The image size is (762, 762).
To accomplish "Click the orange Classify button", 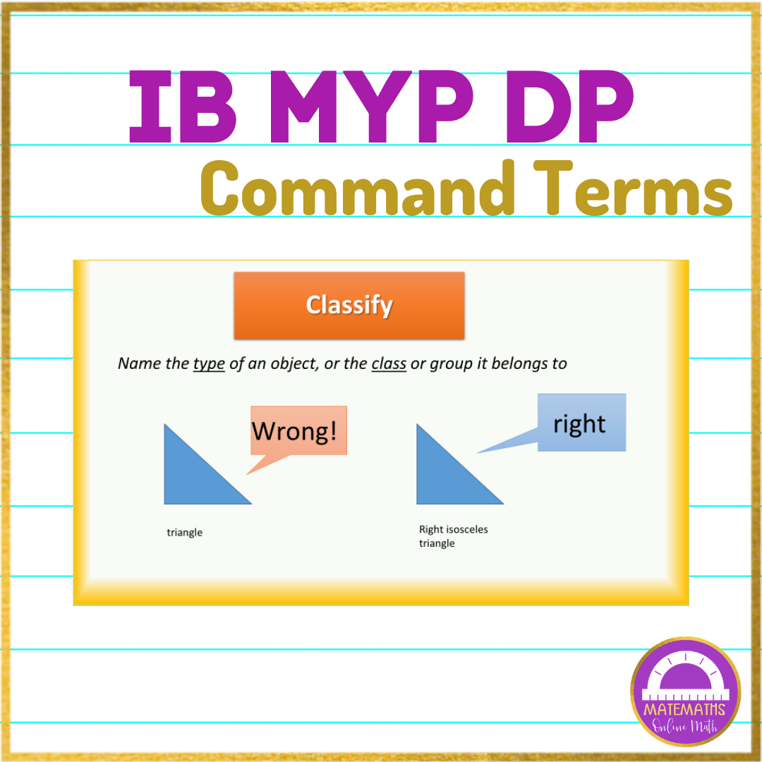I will tap(349, 306).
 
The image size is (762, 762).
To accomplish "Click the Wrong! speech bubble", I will tap(298, 430).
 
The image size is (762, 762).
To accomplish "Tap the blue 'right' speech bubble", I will tap(581, 423).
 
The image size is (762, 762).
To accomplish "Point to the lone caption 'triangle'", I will tap(185, 533).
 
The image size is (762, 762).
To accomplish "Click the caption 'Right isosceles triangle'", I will tap(453, 536).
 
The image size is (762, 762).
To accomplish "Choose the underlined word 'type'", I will tap(209, 364).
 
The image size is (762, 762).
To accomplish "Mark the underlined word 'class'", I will tap(389, 364).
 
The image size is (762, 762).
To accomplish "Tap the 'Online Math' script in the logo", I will tap(685, 722).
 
